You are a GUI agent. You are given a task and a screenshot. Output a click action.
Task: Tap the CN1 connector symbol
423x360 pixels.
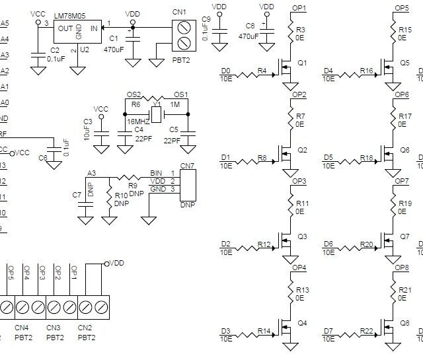tap(184, 36)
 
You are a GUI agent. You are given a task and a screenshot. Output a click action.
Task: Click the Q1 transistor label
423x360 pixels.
tap(303, 63)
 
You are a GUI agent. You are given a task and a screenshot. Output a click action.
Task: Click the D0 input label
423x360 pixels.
tap(226, 71)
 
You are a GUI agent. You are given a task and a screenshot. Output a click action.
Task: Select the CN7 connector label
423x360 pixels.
tap(188, 164)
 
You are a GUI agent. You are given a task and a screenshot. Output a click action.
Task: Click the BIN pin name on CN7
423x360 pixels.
tap(157, 173)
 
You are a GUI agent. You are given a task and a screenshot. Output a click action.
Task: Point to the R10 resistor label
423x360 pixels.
tap(122, 196)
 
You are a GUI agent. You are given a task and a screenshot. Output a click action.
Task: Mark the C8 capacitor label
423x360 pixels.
tap(250, 26)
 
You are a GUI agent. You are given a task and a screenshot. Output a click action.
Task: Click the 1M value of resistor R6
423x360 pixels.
tap(175, 104)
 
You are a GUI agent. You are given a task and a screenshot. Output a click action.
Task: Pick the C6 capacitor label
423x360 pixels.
tap(42, 158)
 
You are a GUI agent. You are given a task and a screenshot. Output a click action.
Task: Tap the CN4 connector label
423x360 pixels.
tap(22, 328)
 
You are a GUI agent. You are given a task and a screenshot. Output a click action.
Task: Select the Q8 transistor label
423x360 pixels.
tap(404, 324)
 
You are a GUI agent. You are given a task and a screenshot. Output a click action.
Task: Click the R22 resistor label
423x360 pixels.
tap(367, 331)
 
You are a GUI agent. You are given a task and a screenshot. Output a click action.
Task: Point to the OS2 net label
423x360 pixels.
tap(134, 94)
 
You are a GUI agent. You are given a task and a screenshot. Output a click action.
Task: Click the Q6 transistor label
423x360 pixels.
tap(404, 150)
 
